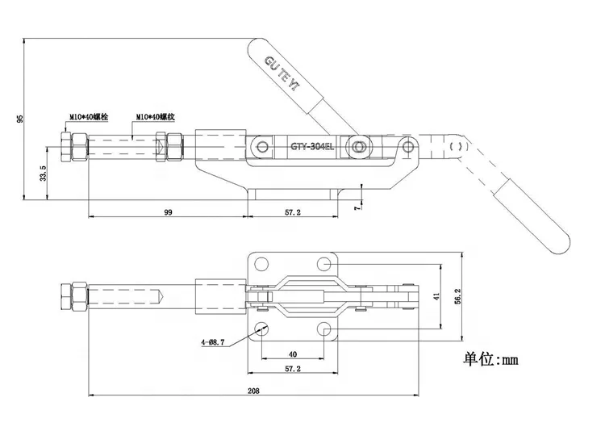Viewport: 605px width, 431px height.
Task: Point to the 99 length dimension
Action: coord(168,212)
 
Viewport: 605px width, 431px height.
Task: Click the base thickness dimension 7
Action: coord(357,207)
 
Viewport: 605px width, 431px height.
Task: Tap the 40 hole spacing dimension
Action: coord(292,353)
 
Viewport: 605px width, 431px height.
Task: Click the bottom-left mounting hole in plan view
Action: coord(262,329)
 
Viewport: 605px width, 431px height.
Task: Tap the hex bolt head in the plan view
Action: coord(73,296)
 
